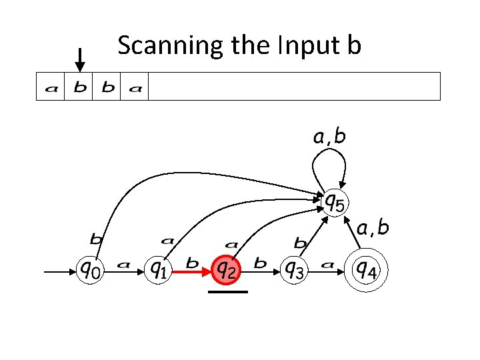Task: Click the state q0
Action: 92,271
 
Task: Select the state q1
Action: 159,271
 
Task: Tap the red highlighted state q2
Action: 227,271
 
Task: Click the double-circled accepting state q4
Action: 365,271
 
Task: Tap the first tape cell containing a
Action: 51,87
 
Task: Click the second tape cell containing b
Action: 79,87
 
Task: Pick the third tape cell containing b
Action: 107,87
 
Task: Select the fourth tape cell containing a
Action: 135,87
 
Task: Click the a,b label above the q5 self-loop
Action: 329,137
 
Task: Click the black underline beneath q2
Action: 227,292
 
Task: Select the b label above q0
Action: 97,238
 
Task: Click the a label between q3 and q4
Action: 327,264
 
